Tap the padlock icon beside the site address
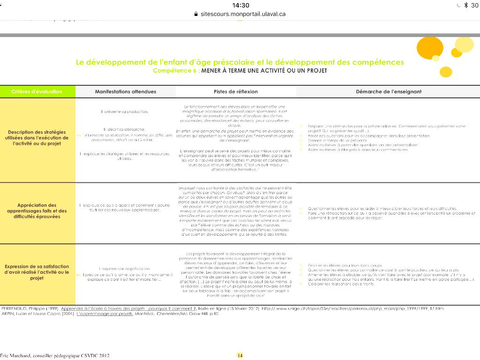pyautogui.click(x=196, y=14)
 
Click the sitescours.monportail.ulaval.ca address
pyautogui.click(x=243, y=14)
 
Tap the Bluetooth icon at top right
pyautogui.click(x=465, y=5)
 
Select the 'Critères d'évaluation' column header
pyautogui.click(x=37, y=91)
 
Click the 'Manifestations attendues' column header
pyautogui.click(x=126, y=91)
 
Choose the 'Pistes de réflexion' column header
pyautogui.click(x=236, y=91)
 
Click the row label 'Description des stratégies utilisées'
pyautogui.click(x=37, y=138)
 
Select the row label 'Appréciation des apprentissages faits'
pyautogui.click(x=37, y=211)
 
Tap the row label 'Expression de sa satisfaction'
pyautogui.click(x=37, y=272)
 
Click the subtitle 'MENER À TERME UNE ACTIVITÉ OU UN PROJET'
pyautogui.click(x=264, y=71)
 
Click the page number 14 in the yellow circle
pyautogui.click(x=240, y=355)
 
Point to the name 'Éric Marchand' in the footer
pyautogui.click(x=17, y=355)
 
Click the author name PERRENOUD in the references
pyautogui.click(x=16, y=308)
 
